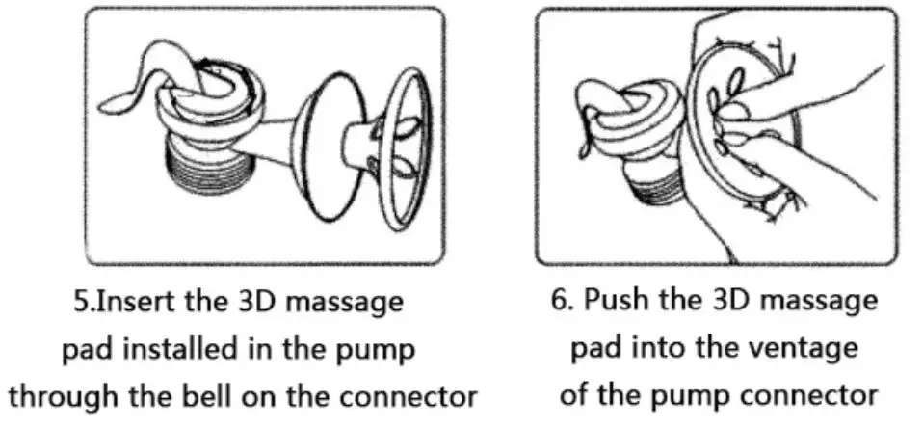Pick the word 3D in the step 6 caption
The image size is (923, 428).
728,300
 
